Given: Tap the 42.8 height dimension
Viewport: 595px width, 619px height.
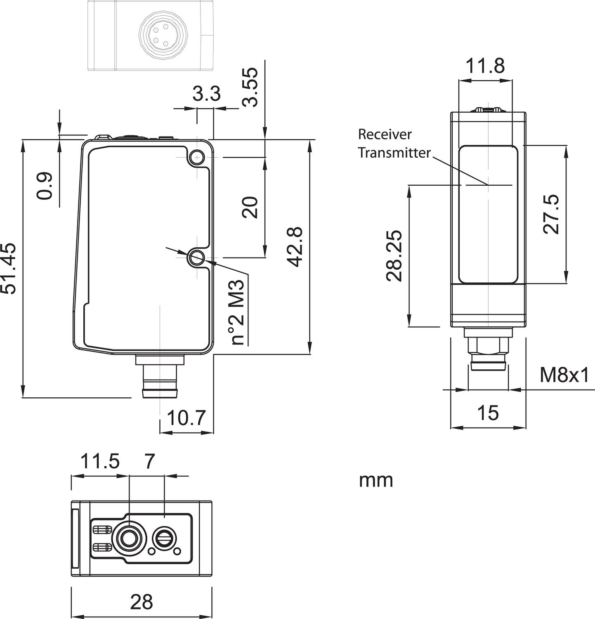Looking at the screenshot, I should pyautogui.click(x=295, y=246).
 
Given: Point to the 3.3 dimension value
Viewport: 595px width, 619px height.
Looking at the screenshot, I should pyautogui.click(x=207, y=94).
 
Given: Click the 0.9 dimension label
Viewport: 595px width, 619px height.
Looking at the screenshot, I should pyautogui.click(x=45, y=186).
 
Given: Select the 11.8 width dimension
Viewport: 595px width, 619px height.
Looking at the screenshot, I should pyautogui.click(x=485, y=66).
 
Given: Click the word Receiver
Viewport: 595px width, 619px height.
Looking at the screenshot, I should pyautogui.click(x=385, y=134).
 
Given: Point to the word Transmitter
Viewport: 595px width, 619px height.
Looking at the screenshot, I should pyautogui.click(x=394, y=153).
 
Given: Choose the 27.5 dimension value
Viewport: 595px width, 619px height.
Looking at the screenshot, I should pyautogui.click(x=551, y=214).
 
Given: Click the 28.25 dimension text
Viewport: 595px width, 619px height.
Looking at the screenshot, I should pyautogui.click(x=394, y=256).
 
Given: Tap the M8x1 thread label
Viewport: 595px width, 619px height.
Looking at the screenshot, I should pyautogui.click(x=565, y=375).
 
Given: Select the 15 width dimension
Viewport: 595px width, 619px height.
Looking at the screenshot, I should pyautogui.click(x=488, y=413).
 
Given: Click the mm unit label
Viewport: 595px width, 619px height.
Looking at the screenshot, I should pyautogui.click(x=376, y=480).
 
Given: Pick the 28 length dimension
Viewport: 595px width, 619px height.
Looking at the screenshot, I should pyautogui.click(x=142, y=602).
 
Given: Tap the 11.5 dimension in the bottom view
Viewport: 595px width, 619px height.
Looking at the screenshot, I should pyautogui.click(x=99, y=461).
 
